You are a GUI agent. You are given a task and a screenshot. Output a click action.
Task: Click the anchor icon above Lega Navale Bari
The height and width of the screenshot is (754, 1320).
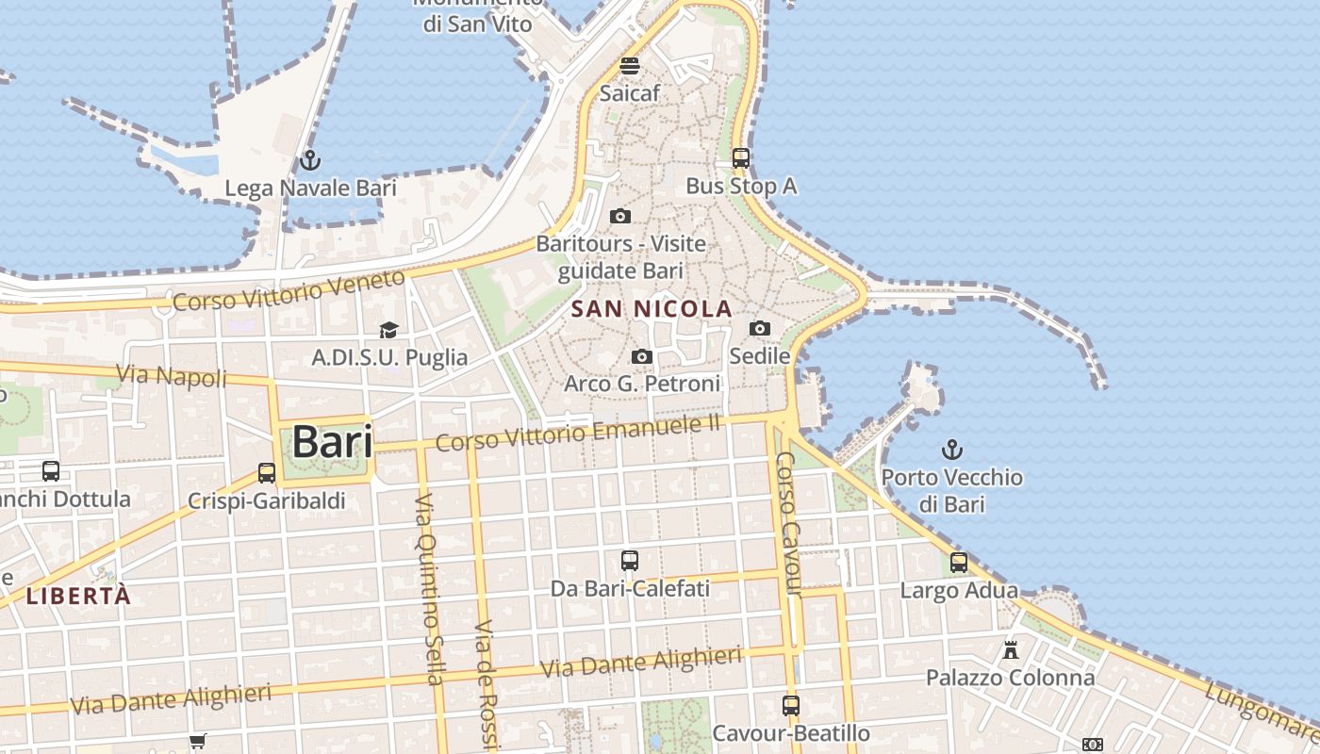309,160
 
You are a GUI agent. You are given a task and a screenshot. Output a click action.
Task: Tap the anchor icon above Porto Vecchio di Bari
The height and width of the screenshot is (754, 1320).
952,449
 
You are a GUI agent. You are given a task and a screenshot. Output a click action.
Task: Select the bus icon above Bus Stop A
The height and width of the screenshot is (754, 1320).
741,157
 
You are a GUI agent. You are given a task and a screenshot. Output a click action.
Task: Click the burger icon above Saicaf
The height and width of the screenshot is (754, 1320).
630,66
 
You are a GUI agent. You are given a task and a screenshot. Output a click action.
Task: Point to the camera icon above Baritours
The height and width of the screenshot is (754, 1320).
620,216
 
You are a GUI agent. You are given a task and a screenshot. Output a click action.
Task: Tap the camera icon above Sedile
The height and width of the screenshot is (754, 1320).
760,328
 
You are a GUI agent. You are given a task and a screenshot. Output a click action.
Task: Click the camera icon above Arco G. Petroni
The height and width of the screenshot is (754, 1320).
642,356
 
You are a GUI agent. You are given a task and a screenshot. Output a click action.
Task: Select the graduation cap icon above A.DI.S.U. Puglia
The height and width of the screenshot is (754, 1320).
388,329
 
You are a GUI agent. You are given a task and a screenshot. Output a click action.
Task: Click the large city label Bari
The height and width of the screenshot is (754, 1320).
332,441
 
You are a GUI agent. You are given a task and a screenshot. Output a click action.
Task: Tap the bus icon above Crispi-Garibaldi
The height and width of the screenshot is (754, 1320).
267,472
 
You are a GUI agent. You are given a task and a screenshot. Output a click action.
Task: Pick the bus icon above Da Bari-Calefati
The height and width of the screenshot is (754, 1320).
630,561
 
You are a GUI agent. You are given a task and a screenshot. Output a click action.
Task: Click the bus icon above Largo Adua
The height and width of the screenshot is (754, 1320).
959,563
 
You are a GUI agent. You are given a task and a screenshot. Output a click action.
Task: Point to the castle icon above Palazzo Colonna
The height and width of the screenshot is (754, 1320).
1011,649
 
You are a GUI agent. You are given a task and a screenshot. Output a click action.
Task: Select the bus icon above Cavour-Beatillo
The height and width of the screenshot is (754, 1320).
791,705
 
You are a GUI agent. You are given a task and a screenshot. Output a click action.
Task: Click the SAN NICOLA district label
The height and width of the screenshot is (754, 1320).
652,308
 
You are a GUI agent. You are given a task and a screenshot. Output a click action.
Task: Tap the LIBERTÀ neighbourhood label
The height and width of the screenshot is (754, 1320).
78,596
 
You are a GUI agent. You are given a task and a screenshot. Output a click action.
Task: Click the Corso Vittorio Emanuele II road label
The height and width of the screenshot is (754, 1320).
578,433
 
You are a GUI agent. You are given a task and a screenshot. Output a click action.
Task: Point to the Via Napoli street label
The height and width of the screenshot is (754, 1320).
173,376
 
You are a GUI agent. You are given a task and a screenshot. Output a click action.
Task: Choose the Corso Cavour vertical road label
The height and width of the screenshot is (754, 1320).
789,524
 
